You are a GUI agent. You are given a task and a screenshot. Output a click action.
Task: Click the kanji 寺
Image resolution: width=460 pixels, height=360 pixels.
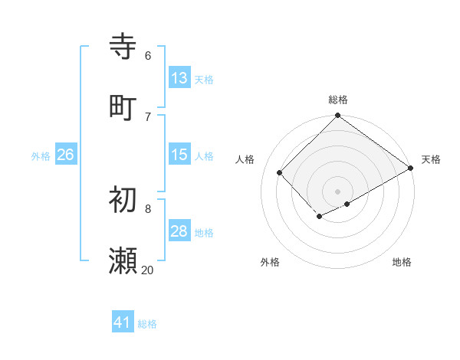click(x=123, y=47)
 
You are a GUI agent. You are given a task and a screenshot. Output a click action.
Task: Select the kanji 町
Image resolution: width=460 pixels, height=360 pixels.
click(x=123, y=107)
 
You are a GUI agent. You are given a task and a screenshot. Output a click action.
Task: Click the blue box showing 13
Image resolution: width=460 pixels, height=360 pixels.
click(x=179, y=77)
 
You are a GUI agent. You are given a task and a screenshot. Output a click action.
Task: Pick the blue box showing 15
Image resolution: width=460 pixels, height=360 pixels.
click(x=179, y=155)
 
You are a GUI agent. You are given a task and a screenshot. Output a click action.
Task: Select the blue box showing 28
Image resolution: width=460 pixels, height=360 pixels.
click(x=179, y=231)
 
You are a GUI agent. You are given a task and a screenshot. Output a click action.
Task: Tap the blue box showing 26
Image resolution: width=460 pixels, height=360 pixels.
click(x=65, y=155)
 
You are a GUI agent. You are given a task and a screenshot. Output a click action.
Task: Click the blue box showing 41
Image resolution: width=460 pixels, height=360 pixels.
click(x=123, y=322)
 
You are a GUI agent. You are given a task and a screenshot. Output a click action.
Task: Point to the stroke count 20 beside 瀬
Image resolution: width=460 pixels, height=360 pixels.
click(x=147, y=270)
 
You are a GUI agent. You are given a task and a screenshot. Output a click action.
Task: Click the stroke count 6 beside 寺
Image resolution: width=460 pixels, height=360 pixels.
click(x=147, y=55)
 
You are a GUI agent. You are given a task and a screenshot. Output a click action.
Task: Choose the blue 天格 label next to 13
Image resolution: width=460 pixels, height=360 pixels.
click(x=204, y=79)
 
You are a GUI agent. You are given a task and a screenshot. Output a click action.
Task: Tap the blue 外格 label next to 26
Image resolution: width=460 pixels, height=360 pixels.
click(x=41, y=156)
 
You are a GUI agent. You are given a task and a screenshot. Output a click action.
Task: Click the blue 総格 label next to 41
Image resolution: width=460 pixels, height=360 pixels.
click(x=147, y=324)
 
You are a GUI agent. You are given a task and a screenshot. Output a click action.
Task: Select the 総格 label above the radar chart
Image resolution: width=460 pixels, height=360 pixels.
click(x=338, y=100)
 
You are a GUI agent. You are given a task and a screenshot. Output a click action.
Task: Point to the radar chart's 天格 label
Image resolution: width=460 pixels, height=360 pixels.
click(x=431, y=159)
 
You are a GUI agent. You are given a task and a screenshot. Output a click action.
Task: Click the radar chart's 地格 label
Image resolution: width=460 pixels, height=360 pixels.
click(x=402, y=262)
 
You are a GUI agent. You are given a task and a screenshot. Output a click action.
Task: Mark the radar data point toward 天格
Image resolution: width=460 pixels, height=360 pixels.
click(x=411, y=169)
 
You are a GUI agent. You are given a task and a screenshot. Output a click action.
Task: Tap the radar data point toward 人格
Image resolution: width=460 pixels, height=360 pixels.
click(x=280, y=172)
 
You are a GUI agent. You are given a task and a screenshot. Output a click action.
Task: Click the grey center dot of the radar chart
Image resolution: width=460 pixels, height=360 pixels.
click(x=338, y=191)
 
